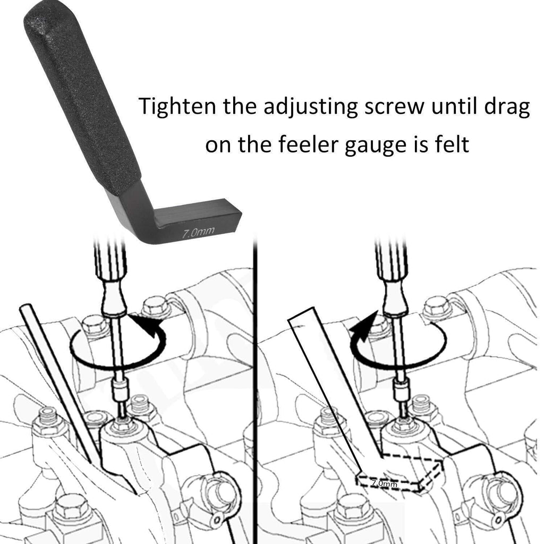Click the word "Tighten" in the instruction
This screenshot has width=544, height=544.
coord(177,106)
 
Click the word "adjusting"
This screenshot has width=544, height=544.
coord(310,107)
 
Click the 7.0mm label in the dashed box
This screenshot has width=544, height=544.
coord(384,482)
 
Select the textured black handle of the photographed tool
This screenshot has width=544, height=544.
coord(81,97)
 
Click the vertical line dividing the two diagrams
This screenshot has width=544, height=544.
coord(256,388)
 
